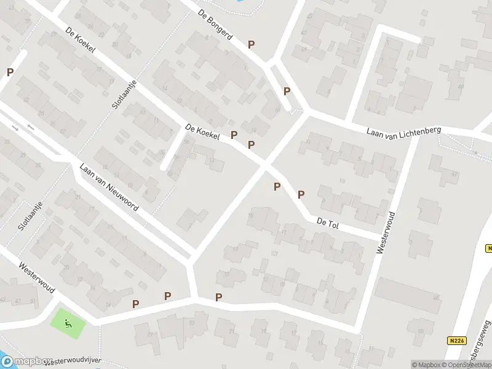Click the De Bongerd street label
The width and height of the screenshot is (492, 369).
click(x=215, y=25)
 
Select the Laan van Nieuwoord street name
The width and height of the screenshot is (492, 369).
click(x=109, y=187)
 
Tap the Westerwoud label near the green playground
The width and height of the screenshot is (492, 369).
click(x=38, y=277)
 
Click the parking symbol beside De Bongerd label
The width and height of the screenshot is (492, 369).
click(x=251, y=44)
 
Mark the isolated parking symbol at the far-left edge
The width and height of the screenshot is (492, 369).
click(x=10, y=72)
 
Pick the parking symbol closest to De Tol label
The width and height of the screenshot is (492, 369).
click(x=301, y=195)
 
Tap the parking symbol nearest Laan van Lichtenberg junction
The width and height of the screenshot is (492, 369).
click(x=287, y=91)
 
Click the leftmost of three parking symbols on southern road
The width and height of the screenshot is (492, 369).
click(x=135, y=303)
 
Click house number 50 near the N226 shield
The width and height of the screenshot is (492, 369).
click(x=420, y=331)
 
